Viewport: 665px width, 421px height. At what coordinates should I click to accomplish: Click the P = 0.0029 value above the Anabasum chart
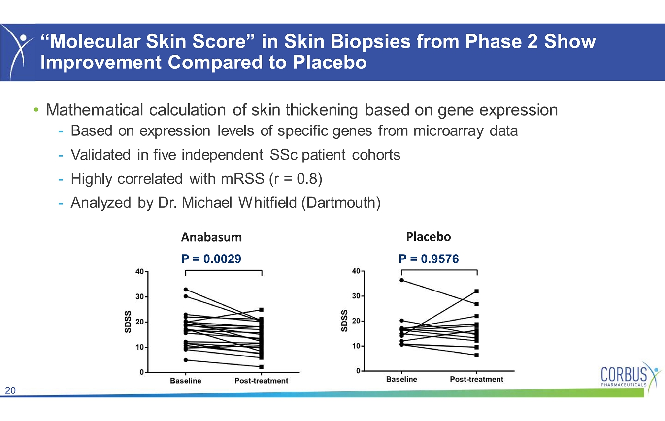(211, 259)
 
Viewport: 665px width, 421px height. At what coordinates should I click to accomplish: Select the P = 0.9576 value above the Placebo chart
(429, 259)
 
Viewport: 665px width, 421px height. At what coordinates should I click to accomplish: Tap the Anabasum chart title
(211, 237)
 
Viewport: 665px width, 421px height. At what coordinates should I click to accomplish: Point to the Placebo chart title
(429, 237)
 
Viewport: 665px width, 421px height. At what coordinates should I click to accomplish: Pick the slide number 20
(10, 390)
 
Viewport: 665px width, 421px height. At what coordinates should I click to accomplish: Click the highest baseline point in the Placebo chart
(401, 280)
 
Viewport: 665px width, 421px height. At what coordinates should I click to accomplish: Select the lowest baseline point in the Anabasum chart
(186, 360)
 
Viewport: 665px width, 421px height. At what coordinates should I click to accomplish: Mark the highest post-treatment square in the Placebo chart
(476, 291)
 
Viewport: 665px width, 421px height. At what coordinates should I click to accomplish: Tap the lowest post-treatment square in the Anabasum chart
(261, 367)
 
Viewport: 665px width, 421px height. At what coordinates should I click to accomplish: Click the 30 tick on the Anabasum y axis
(139, 297)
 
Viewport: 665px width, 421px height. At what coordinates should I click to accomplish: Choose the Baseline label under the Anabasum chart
(186, 381)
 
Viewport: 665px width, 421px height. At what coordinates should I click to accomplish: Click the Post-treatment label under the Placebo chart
(476, 379)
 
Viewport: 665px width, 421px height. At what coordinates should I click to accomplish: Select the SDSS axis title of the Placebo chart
(344, 321)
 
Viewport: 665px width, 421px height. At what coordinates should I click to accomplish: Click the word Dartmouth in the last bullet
(341, 203)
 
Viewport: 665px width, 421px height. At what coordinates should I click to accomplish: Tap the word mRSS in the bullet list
(242, 179)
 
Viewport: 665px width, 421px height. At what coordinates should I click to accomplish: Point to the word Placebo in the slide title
(330, 63)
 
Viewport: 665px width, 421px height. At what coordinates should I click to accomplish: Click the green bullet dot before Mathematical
(36, 110)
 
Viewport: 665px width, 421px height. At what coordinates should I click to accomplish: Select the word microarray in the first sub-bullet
(448, 131)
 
